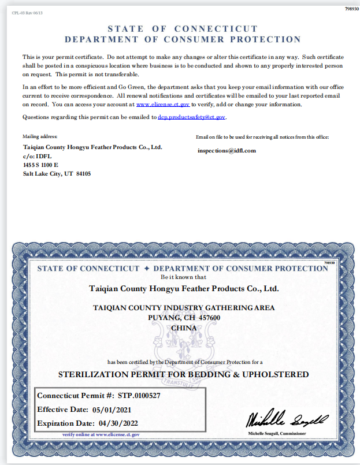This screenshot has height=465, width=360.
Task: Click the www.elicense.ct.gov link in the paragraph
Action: click(x=163, y=105)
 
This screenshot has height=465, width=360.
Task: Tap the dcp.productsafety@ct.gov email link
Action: click(x=191, y=117)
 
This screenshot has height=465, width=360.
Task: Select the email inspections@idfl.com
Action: click(x=227, y=150)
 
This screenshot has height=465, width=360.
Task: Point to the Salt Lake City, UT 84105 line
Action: click(x=57, y=173)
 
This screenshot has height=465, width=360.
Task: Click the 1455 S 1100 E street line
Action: click(x=40, y=165)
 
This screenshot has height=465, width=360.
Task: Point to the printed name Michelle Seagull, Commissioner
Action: click(x=277, y=433)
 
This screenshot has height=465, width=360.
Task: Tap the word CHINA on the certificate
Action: click(x=184, y=328)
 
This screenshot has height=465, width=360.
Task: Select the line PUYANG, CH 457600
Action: click(x=184, y=318)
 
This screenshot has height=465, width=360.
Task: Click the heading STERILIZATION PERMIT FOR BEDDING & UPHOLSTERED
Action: click(x=183, y=374)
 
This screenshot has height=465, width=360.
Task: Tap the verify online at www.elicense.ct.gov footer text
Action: click(x=101, y=433)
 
